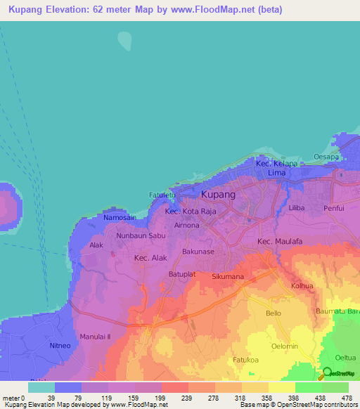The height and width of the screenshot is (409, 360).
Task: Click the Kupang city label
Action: click(x=218, y=194)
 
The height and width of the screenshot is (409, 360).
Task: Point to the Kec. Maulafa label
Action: click(x=279, y=242)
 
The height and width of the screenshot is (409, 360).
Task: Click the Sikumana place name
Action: click(x=227, y=277)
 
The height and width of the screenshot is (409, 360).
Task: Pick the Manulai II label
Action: click(x=96, y=337)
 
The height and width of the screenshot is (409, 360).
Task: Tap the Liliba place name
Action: click(x=297, y=209)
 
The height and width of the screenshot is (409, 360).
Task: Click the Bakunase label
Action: click(x=198, y=251)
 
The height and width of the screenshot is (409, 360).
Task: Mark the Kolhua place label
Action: click(x=302, y=286)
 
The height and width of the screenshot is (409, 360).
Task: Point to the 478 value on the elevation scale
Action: click(x=347, y=398)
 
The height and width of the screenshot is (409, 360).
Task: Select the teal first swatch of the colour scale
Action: click(x=41, y=387)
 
